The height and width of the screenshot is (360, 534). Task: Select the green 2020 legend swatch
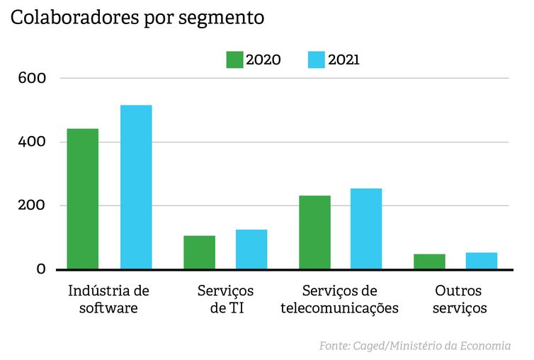click(234, 60)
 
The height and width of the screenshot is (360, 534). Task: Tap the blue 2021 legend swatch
click(317, 60)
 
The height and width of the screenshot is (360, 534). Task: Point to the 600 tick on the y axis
click(33, 77)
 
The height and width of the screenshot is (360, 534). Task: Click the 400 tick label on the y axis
click(33, 142)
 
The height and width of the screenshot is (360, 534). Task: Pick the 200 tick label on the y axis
click(33, 206)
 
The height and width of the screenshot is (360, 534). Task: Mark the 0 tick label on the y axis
click(40, 269)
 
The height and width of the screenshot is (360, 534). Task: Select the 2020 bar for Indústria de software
click(83, 199)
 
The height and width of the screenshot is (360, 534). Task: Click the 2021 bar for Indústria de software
click(136, 187)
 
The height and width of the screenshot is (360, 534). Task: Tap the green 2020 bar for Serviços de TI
click(199, 252)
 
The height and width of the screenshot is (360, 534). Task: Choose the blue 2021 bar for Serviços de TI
click(251, 249)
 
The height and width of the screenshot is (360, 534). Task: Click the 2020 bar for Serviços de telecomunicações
click(315, 232)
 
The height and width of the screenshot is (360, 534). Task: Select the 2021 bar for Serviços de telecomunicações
click(366, 229)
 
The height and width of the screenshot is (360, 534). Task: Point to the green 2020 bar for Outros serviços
click(429, 261)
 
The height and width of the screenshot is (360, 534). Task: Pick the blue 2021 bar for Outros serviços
click(482, 261)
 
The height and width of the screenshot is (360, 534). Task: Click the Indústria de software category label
click(108, 299)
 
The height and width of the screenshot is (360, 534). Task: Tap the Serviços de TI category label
click(225, 299)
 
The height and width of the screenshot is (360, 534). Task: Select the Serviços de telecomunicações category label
click(340, 299)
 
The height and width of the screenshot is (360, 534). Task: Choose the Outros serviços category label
click(458, 299)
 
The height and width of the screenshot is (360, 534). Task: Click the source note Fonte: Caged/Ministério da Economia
click(415, 346)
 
